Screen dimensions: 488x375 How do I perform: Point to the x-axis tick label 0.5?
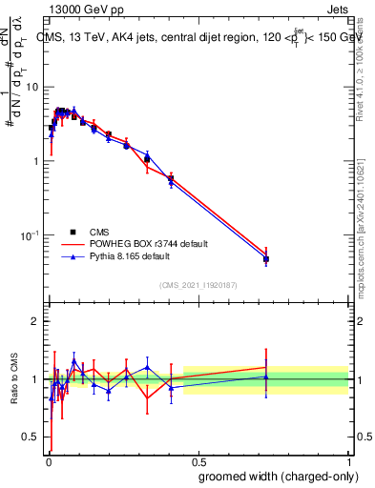(198, 460)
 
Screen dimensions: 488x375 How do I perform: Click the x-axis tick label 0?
(48, 460)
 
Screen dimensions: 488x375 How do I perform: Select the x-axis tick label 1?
(349, 460)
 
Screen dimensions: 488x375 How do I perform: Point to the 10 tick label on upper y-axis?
(32, 87)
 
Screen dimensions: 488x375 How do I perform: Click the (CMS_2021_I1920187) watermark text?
(198, 285)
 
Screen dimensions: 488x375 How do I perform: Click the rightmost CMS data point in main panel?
(266, 259)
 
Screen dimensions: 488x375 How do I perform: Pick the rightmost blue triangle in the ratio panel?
(266, 376)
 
